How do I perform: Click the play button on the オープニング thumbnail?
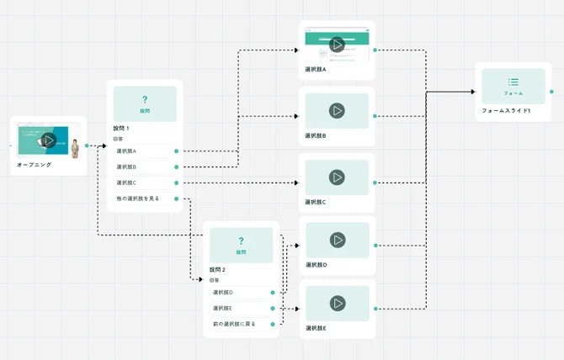coord(49,140)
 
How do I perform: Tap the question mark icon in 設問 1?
coord(145,99)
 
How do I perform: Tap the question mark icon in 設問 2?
coord(241,241)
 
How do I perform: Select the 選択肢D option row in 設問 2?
coord(241,293)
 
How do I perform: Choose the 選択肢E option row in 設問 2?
coord(241,308)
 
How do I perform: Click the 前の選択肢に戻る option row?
coord(241,324)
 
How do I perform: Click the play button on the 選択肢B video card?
coord(337,110)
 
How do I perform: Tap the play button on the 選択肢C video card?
coord(337,177)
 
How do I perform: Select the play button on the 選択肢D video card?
coord(337,240)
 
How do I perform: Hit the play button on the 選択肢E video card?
coord(337,303)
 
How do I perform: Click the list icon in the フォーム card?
coord(513,82)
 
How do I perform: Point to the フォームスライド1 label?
coord(506,111)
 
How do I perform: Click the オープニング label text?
coord(34,165)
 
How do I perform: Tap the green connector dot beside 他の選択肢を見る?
coord(177,199)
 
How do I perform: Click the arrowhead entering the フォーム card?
coord(472,92)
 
